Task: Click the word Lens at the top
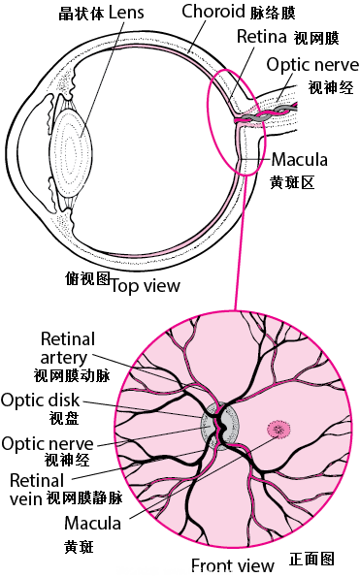(x=126, y=13)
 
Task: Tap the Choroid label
(x=213, y=12)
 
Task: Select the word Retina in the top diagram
(x=262, y=36)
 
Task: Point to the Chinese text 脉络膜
(x=273, y=13)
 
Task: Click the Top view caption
(x=146, y=286)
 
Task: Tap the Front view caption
(x=233, y=564)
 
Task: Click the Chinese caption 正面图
(x=311, y=559)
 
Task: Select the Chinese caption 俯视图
(x=88, y=279)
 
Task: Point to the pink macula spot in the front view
(x=278, y=429)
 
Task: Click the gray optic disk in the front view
(x=220, y=426)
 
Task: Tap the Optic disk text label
(x=41, y=400)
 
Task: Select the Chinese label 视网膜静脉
(x=84, y=498)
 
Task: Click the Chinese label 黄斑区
(x=293, y=182)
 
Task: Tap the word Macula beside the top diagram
(x=300, y=160)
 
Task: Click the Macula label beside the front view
(x=92, y=523)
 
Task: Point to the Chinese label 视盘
(x=64, y=418)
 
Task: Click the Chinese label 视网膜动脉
(x=72, y=375)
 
